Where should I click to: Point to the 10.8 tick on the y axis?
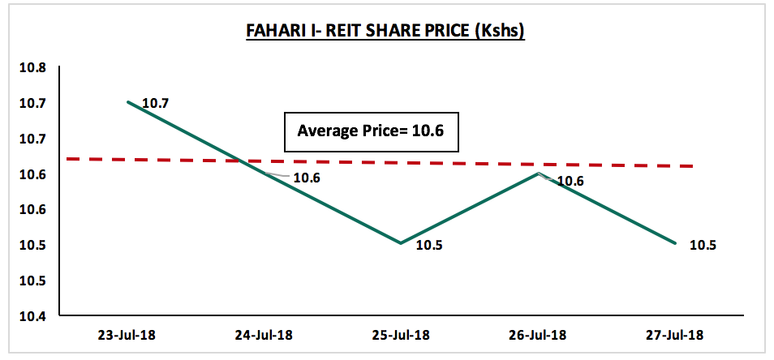32,67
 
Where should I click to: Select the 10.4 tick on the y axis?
32,316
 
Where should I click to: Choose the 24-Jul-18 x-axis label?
264,336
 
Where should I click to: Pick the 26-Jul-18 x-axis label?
539,336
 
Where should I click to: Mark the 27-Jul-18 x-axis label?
675,336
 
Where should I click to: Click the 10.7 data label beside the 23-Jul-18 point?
156,104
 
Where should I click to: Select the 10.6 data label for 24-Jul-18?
307,178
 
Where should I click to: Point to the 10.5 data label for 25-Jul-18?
429,245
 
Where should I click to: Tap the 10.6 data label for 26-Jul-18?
570,182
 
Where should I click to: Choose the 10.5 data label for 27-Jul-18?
703,245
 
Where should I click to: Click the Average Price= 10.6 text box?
372,131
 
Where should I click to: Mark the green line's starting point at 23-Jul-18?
128,101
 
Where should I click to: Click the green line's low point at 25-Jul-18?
400,242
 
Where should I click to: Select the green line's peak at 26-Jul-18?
539,173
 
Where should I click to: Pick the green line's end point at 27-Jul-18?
675,242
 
